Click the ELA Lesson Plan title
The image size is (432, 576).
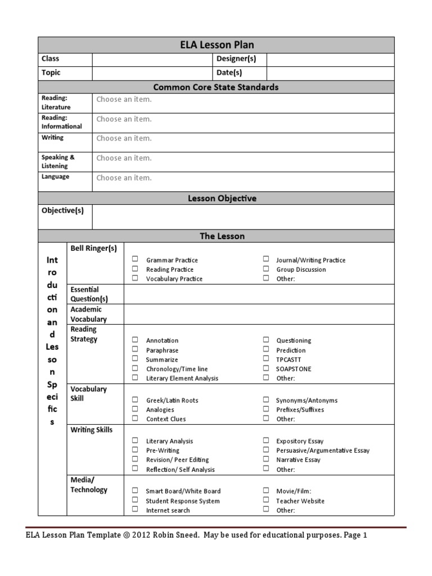pyautogui.click(x=216, y=45)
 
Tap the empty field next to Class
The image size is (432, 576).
pyautogui.click(x=152, y=59)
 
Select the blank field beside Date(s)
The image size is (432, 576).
pyautogui.click(x=330, y=73)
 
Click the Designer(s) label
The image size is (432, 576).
pyautogui.click(x=236, y=59)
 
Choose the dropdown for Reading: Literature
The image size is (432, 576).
pyautogui.click(x=124, y=100)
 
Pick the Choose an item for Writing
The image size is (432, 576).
pyautogui.click(x=124, y=138)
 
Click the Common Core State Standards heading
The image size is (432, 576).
pyautogui.click(x=216, y=87)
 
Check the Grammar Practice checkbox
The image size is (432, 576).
pyautogui.click(x=135, y=259)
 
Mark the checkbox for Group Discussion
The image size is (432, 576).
pyautogui.click(x=265, y=269)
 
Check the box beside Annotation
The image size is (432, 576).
pyautogui.click(x=135, y=340)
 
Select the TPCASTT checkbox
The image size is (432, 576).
pyautogui.click(x=265, y=359)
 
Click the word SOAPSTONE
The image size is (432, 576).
pyautogui.click(x=294, y=369)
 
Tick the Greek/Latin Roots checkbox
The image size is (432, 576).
pyautogui.click(x=135, y=400)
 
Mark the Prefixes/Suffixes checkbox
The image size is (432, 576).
pyautogui.click(x=265, y=409)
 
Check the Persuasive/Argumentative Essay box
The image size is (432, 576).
pyautogui.click(x=265, y=450)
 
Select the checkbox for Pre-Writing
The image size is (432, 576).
pyautogui.click(x=135, y=450)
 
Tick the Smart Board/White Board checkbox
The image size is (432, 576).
pyautogui.click(x=135, y=490)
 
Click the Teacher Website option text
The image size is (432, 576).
pyautogui.click(x=300, y=501)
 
